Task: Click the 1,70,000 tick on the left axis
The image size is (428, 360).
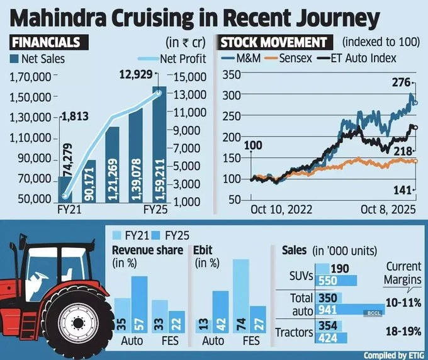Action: pos(31,77)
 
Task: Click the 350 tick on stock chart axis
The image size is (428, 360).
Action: pos(232,74)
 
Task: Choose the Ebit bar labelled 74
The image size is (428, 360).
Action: pos(240,295)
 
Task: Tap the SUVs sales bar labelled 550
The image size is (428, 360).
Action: pos(335,280)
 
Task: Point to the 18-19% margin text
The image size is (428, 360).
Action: pos(402,329)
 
